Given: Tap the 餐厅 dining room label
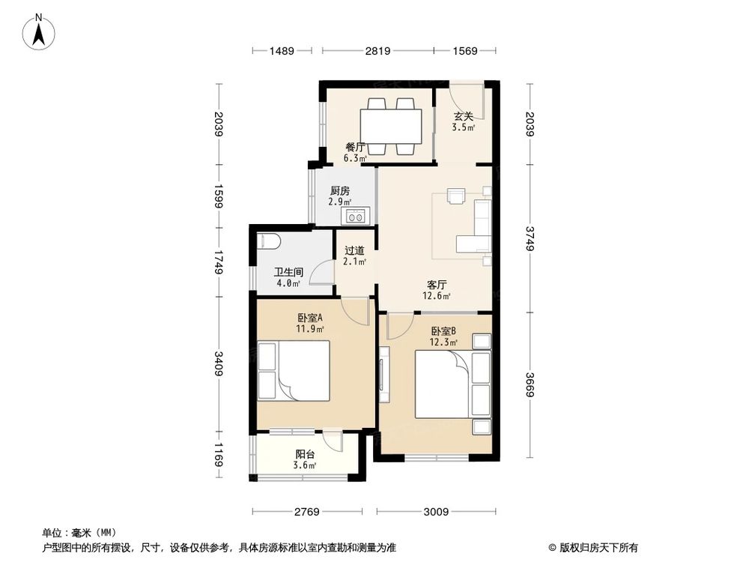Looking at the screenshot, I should (355, 148).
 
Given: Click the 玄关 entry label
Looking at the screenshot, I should (463, 116).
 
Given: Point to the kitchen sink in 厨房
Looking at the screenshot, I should (355, 217).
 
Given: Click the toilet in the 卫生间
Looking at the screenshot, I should (267, 241).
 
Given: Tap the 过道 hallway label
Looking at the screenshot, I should (354, 251).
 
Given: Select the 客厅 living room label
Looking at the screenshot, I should (437, 285).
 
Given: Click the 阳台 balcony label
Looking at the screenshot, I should (305, 453).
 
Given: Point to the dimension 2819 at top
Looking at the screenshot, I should (377, 51).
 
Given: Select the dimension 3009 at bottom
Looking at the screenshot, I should (435, 513).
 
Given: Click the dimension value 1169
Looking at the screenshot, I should (218, 456).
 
